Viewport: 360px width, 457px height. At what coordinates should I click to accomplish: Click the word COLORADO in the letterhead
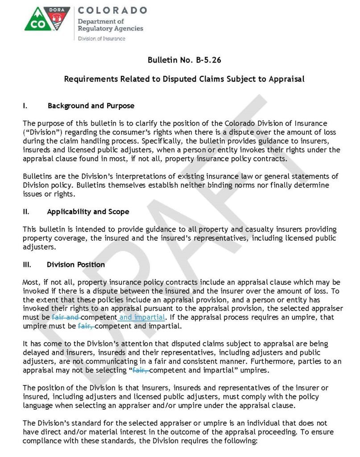click(112, 10)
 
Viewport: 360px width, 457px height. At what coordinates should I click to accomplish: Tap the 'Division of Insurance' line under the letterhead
click(102, 38)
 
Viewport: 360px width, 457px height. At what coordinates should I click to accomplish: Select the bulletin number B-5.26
click(199, 60)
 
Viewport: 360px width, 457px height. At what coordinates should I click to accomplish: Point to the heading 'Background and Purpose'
click(91, 106)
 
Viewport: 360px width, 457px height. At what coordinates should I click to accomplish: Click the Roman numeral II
click(26, 212)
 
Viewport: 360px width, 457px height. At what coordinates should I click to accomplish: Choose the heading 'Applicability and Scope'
click(88, 212)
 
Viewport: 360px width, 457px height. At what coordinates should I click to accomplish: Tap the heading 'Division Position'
click(76, 264)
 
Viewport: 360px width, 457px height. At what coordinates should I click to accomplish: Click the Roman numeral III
click(27, 264)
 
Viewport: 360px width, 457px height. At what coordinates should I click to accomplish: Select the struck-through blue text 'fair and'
click(65, 317)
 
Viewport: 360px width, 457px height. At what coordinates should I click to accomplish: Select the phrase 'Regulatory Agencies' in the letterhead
click(111, 29)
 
